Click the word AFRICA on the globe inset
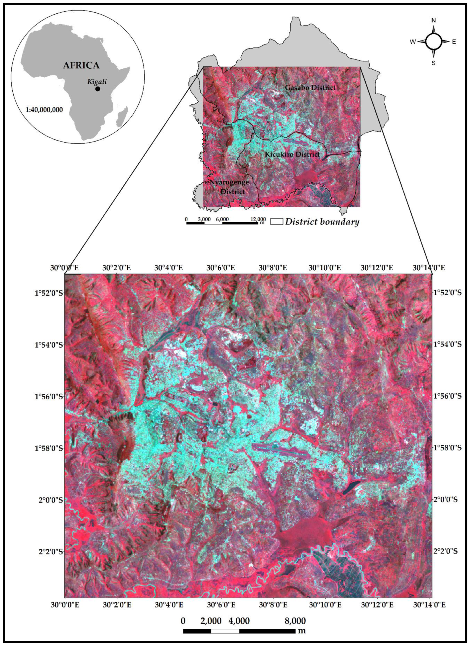coord(81,65)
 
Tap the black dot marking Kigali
coord(98,89)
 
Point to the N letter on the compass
coord(434,20)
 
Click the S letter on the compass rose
coord(433,63)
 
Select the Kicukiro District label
coord(292,154)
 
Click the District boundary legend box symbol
coord(277,222)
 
